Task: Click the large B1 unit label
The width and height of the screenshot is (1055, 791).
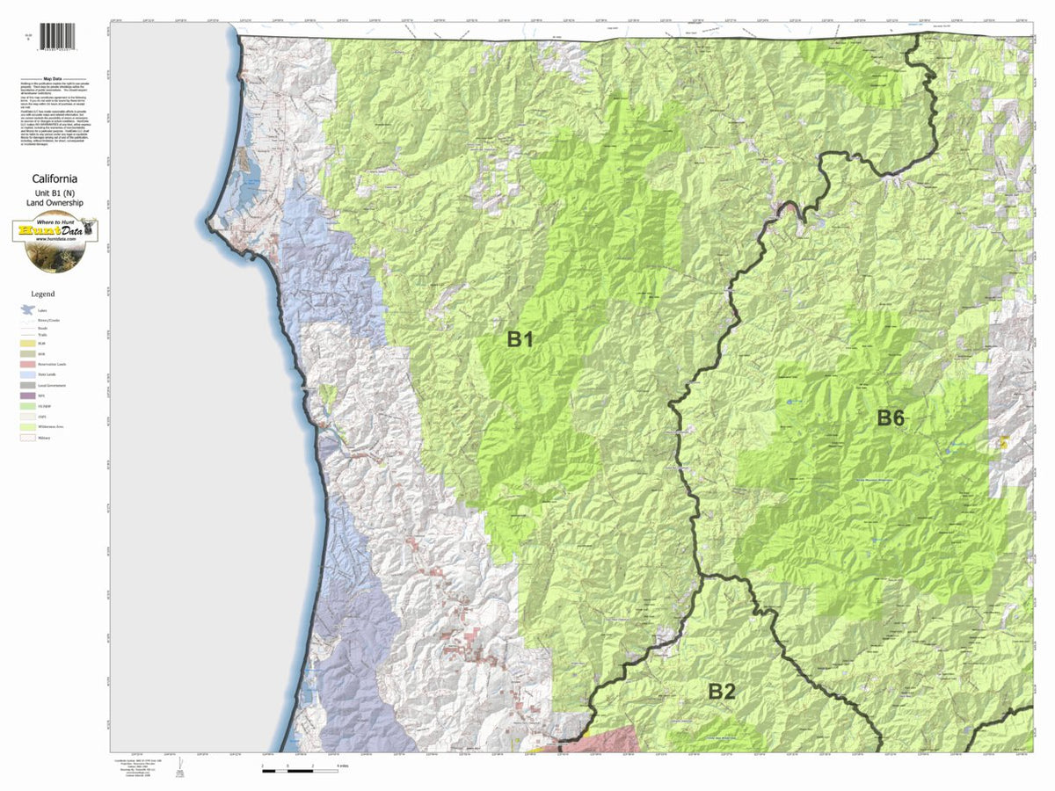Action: point(520,339)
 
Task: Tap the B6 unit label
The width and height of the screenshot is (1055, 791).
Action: point(891,418)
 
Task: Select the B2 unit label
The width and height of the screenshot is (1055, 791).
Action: point(721,692)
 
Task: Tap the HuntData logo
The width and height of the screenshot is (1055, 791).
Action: point(55,234)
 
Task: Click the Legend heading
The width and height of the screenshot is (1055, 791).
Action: point(42,294)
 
